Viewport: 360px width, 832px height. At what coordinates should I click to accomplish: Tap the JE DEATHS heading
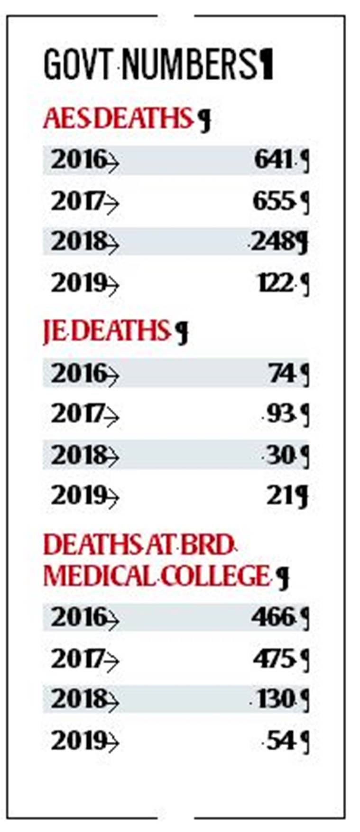click(106, 330)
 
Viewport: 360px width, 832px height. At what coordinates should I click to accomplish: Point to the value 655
click(272, 201)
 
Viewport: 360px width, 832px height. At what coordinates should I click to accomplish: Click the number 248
click(273, 242)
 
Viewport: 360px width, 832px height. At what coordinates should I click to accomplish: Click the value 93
click(280, 414)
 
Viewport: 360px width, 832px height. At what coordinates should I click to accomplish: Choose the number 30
click(280, 456)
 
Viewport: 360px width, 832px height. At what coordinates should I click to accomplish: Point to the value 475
click(273, 658)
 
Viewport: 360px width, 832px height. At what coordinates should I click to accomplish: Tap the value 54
click(280, 740)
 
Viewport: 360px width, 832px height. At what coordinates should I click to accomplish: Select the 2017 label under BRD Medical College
click(78, 658)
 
